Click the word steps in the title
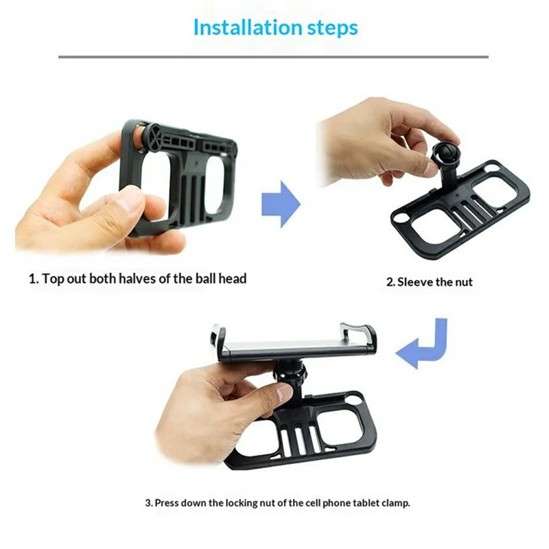tap(331, 28)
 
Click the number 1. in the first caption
tap(33, 279)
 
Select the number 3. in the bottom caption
tap(148, 502)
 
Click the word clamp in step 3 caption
tap(395, 502)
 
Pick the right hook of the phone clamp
tap(364, 336)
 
